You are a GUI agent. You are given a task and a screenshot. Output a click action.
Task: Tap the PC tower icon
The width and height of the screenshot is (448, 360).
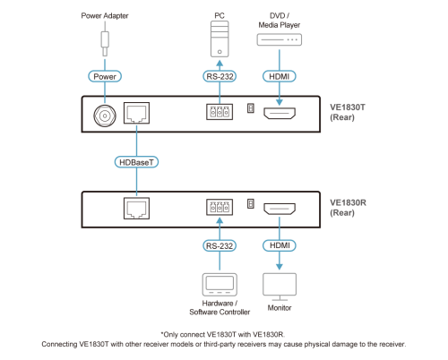point(220,39)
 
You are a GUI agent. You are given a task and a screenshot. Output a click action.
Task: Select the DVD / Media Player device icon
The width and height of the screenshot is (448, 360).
point(280,39)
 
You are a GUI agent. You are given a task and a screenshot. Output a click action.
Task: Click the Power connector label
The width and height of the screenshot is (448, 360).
point(105,76)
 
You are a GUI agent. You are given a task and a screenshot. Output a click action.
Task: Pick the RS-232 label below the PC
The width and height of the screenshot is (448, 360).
point(220,76)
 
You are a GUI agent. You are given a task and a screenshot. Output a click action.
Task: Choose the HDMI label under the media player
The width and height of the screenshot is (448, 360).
point(280,76)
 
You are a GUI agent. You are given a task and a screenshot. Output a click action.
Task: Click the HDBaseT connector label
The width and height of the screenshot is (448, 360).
point(136,162)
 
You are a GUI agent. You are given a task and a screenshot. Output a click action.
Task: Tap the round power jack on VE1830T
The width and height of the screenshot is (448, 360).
point(105,116)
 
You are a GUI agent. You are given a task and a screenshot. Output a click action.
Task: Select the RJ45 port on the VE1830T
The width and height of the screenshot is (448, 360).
point(136,113)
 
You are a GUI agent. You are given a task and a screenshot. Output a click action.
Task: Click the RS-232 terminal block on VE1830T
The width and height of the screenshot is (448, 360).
point(220,112)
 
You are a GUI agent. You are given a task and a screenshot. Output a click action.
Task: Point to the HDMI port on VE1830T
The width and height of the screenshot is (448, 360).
point(280,113)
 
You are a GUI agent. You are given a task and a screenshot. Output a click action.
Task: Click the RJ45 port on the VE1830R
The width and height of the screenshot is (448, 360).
point(136,208)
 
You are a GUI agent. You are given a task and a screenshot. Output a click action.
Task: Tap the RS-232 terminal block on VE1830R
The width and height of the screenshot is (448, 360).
point(220,207)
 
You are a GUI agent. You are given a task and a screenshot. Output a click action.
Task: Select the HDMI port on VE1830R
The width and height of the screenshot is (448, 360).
point(280,209)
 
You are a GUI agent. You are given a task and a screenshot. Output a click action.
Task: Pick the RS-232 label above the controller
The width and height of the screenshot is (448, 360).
point(220,245)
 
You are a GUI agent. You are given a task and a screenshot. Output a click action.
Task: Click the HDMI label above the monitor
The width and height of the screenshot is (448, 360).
point(280,245)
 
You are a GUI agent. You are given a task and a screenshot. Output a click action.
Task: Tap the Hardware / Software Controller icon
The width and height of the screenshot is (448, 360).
point(220,285)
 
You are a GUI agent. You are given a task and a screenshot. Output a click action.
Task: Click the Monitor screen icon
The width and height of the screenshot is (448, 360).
point(280,287)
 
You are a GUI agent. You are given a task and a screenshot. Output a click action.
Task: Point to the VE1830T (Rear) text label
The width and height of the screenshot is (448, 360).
point(348,112)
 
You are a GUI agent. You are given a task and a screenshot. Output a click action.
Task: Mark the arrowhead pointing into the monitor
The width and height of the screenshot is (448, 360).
point(280,267)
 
